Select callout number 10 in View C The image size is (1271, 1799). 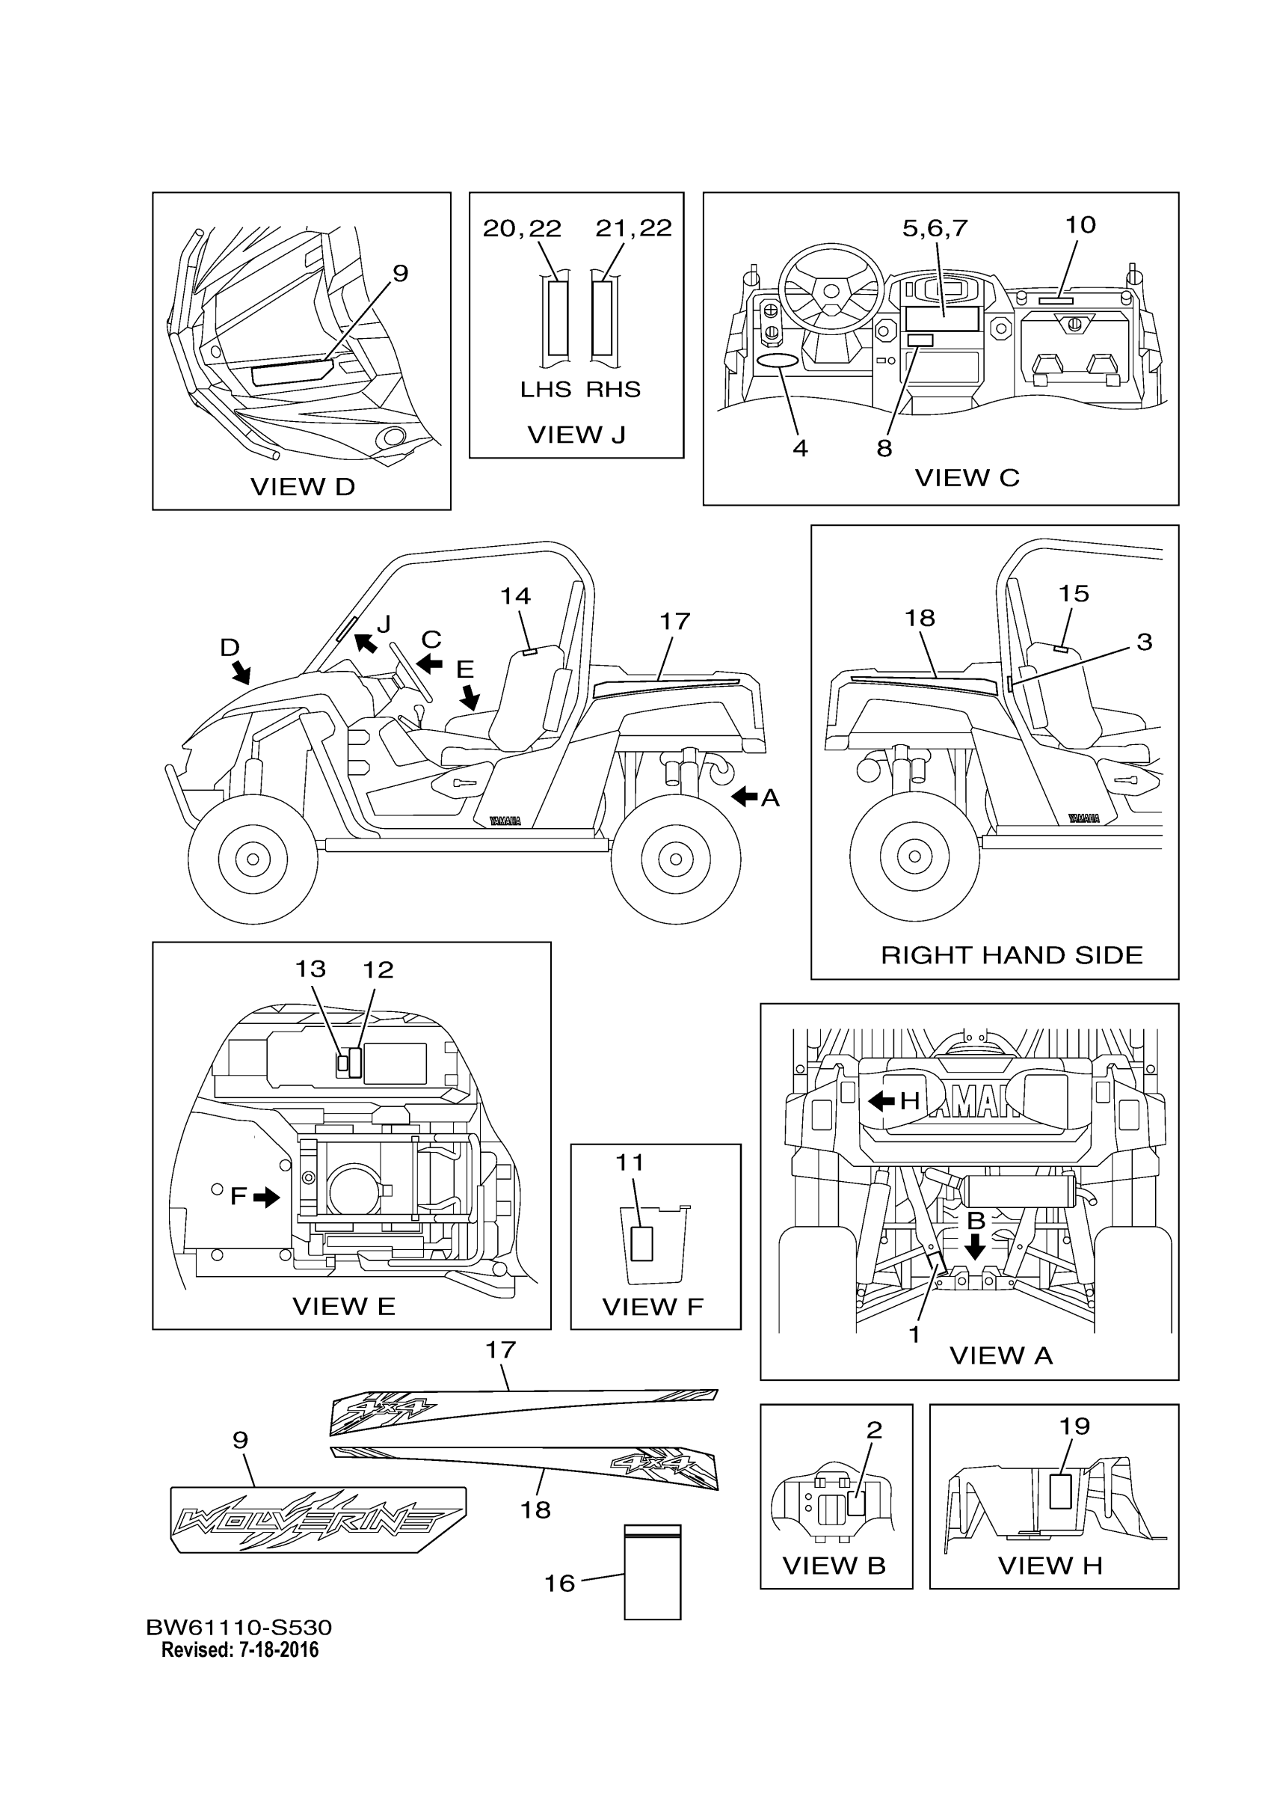coord(1080,225)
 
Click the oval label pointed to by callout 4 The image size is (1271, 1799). coord(778,360)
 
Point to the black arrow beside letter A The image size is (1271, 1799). coord(744,797)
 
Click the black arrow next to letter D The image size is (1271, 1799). coord(242,671)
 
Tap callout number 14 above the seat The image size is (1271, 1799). coord(515,596)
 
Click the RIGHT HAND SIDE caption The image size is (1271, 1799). coord(1012,954)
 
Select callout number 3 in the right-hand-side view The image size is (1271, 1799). coord(1144,642)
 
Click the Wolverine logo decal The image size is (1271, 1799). coord(317,1519)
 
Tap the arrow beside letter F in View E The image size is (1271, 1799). coord(267,1196)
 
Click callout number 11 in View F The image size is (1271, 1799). coord(630,1162)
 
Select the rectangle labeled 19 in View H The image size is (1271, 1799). coord(1060,1491)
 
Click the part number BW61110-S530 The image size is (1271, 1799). coord(238,1628)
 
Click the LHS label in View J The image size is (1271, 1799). coord(545,390)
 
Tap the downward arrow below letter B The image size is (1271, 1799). coord(975,1247)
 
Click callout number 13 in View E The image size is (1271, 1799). coord(310,969)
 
